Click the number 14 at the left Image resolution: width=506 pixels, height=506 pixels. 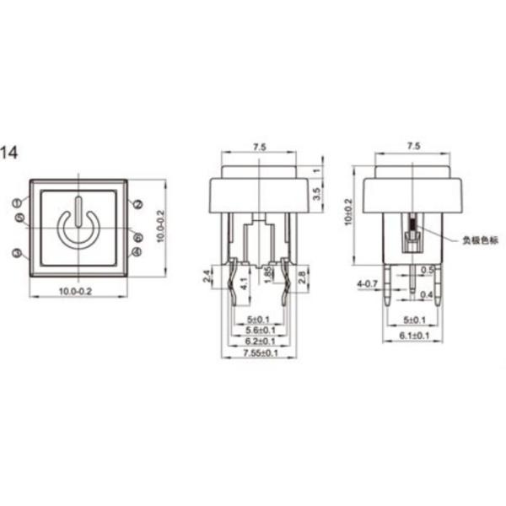[x=9, y=153]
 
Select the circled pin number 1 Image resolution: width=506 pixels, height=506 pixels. [x=17, y=202]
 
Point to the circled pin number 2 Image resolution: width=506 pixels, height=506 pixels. [x=137, y=203]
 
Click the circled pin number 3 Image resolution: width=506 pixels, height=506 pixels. [x=17, y=252]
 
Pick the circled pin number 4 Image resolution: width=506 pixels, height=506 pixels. [x=137, y=252]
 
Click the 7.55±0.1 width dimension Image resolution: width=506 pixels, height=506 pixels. [x=258, y=354]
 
